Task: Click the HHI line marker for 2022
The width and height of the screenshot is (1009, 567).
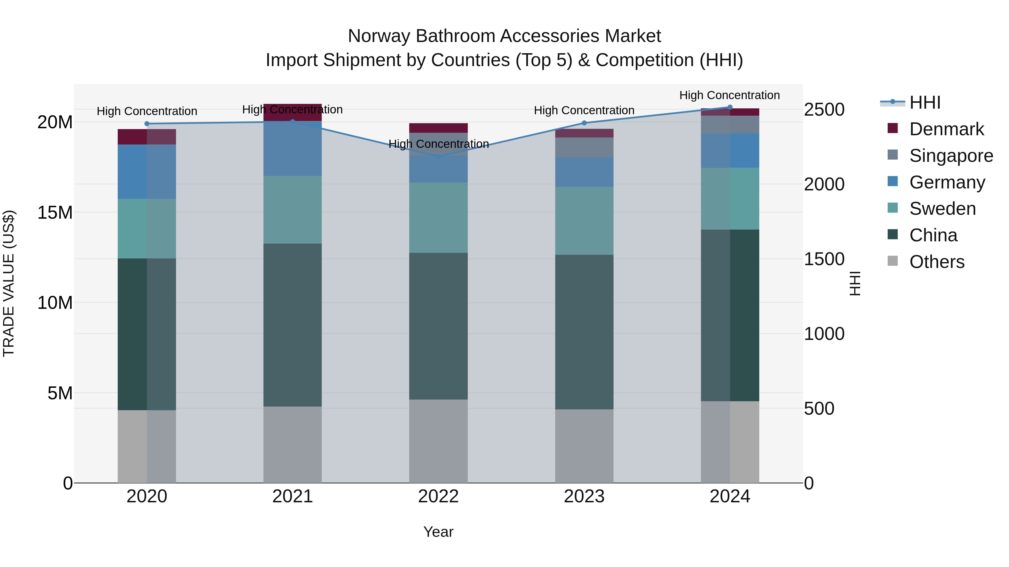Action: tap(438, 157)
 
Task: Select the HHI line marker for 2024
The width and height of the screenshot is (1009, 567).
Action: tap(730, 107)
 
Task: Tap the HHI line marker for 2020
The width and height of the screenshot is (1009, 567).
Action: tap(147, 124)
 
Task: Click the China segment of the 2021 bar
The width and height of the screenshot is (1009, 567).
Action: tap(292, 325)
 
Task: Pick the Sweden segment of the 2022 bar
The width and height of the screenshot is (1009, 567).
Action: tap(438, 218)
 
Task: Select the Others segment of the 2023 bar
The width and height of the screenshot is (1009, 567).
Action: tap(584, 446)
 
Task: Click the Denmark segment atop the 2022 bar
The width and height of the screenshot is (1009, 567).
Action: tap(438, 128)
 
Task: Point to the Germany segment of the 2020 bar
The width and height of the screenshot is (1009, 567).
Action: tap(147, 171)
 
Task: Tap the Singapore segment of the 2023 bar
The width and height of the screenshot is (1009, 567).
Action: tap(584, 147)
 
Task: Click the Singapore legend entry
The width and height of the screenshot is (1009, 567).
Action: tap(951, 156)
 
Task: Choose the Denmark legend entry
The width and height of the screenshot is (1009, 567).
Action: tap(946, 129)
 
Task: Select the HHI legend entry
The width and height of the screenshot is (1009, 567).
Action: tap(924, 102)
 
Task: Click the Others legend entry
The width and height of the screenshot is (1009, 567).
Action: tap(936, 262)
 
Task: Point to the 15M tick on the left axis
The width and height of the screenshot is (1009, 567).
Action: tap(55, 213)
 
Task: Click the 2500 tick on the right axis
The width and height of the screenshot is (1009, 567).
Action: tap(824, 109)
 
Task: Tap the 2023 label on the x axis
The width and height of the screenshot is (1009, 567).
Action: tap(584, 496)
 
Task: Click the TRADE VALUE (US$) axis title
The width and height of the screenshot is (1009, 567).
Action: tap(9, 283)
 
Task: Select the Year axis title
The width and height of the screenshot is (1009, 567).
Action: tap(438, 532)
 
